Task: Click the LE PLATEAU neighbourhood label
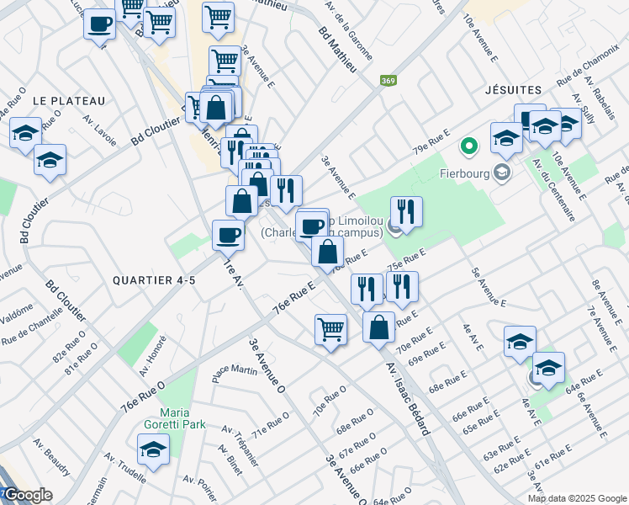(69, 101)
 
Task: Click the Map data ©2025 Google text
(576, 498)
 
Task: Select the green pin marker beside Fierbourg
(469, 146)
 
